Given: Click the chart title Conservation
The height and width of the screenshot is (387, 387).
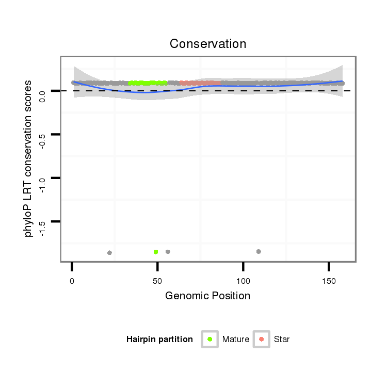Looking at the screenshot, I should pos(208,44).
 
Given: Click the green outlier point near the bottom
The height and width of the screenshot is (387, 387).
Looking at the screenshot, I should pos(156,252).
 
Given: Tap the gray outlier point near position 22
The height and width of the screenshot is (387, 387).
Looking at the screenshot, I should pos(109,253).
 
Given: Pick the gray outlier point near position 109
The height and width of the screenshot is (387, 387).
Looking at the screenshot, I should pos(259,251).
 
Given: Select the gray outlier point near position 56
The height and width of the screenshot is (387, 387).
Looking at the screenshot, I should pos(168,252).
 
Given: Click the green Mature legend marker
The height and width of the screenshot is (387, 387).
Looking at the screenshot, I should pos(210,339).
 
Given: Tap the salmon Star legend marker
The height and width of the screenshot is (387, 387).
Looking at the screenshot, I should pos(262,339).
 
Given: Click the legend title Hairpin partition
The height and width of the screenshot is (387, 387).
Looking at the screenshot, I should pos(159,340).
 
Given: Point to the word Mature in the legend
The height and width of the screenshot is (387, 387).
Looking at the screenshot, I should pos(236,340).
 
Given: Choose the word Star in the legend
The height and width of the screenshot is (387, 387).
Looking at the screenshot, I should pos(282,340).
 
